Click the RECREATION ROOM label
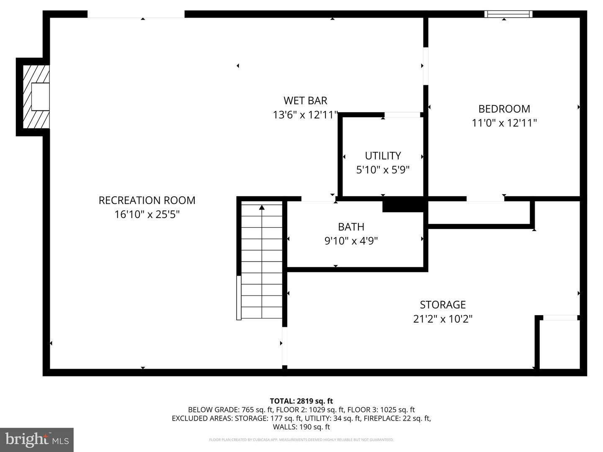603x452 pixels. coord(147,200)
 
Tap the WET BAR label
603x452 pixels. coord(306,101)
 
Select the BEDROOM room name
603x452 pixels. coord(504,109)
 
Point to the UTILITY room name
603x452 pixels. coord(383,156)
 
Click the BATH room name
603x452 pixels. coord(351,227)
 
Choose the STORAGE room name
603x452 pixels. coord(443,305)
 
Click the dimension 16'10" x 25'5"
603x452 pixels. coord(147,214)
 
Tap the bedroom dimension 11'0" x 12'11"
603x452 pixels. coord(504,123)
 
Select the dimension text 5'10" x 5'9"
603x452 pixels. coord(383,169)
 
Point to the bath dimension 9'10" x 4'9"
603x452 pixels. coord(351,241)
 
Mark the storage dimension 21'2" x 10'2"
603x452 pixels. coord(443,318)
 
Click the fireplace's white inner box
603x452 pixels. coord(40,97)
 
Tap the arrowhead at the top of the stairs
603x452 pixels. coord(262,208)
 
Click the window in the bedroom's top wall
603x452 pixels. coord(508,14)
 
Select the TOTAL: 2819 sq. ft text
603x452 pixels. coord(301,401)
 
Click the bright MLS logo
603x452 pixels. coord(37,439)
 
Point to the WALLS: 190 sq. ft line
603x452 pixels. coord(301,427)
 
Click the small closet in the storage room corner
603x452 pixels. coord(559,344)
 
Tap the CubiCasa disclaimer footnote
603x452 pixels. coord(301,439)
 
